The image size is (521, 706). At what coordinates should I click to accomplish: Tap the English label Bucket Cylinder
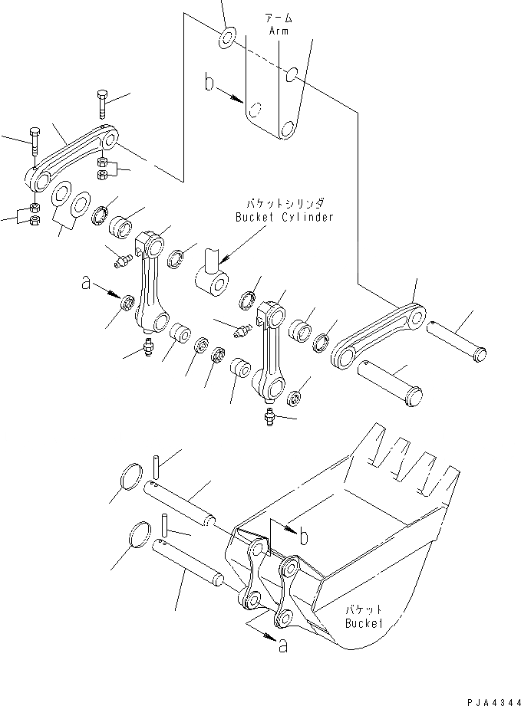pyautogui.click(x=284, y=217)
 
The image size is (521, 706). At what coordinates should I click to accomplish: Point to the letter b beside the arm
pyautogui.click(x=208, y=82)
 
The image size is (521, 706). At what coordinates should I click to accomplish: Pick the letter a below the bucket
pyautogui.click(x=283, y=646)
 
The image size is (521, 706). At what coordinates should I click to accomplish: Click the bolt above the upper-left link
pyautogui.click(x=102, y=103)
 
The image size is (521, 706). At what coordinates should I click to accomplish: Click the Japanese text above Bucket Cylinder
pyautogui.click(x=285, y=204)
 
